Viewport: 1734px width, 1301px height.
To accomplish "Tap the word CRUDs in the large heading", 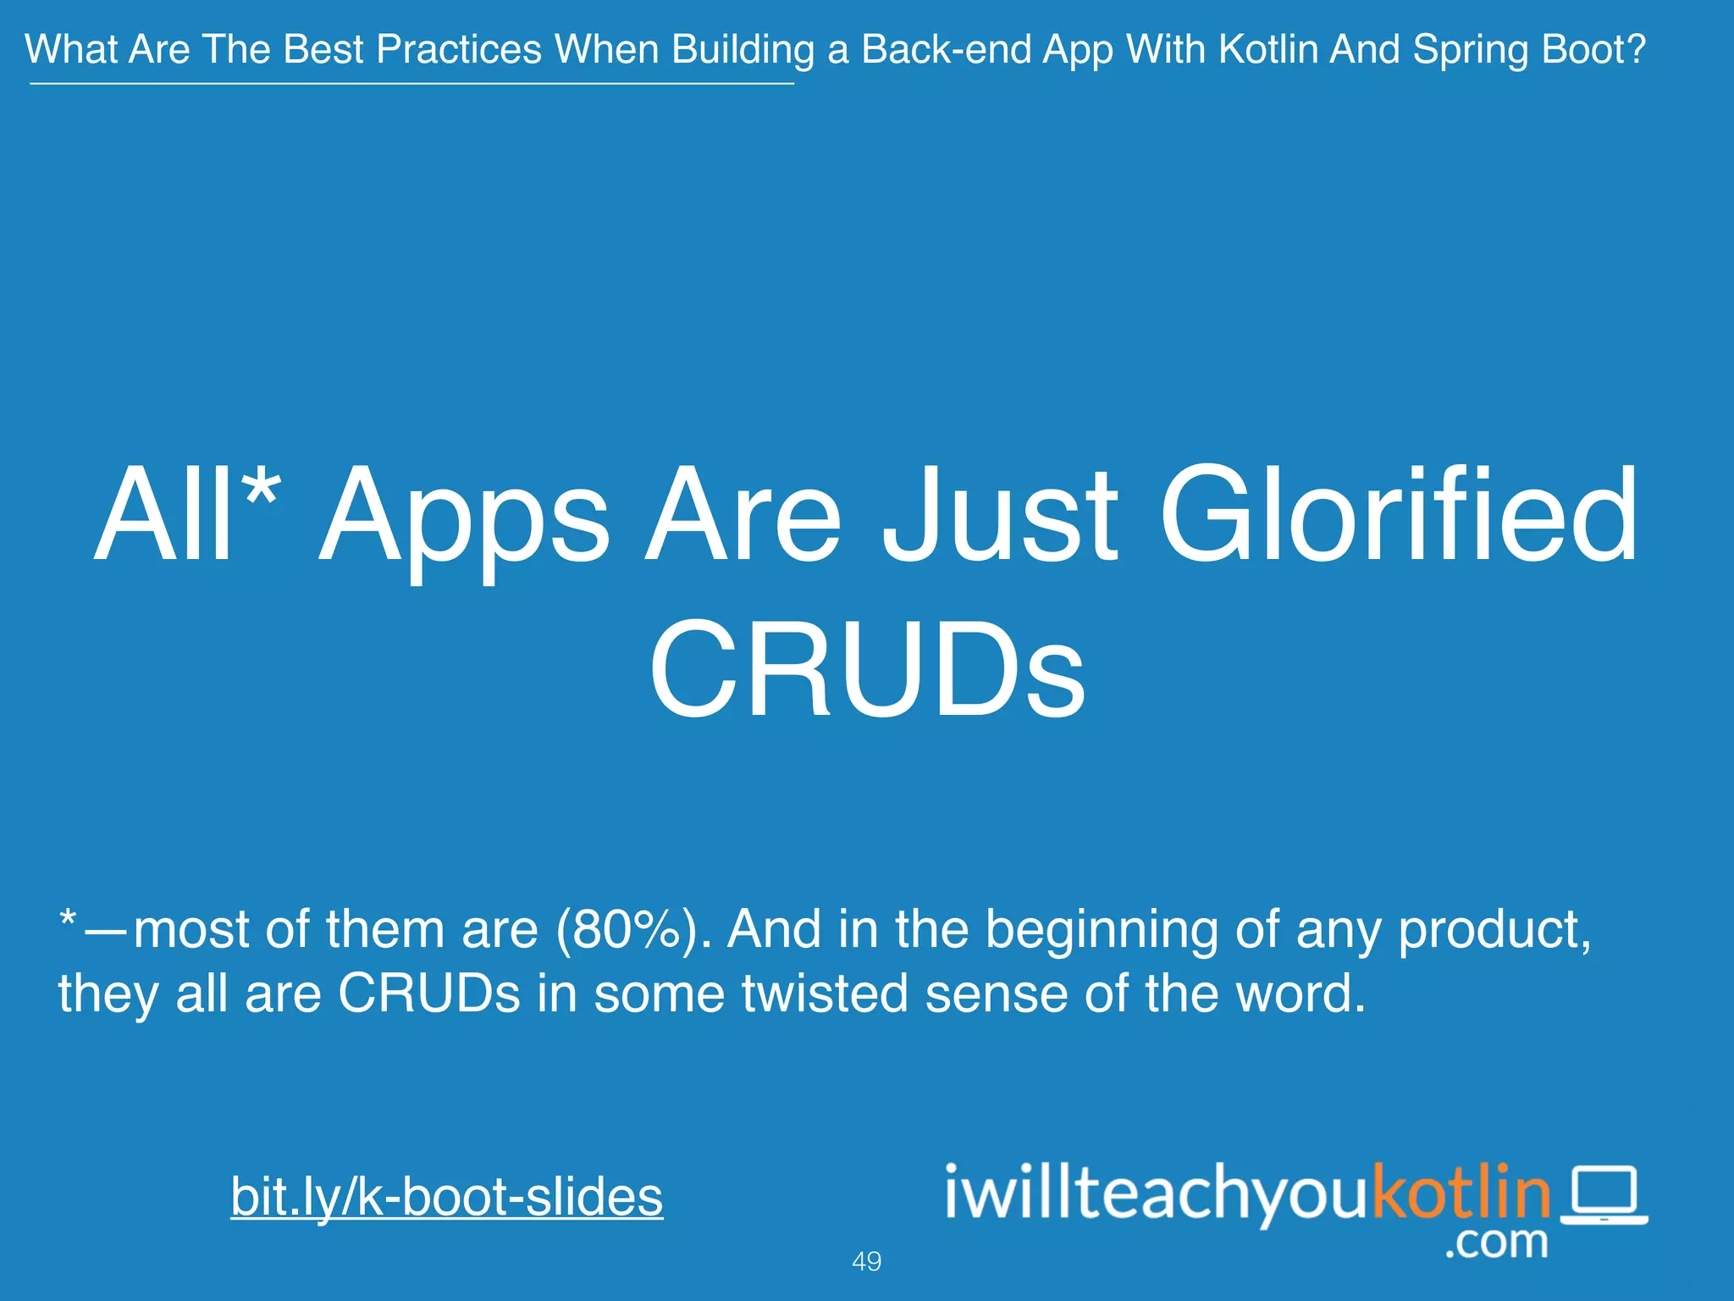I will tap(867, 669).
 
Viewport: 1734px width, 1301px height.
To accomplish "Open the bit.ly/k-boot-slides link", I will tap(447, 1196).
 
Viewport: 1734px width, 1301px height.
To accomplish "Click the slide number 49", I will tap(866, 1261).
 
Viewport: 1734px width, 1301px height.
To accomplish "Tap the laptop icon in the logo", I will tap(1604, 1195).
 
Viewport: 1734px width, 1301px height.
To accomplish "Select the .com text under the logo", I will tap(1496, 1242).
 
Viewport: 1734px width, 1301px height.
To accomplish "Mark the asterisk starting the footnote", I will tap(69, 920).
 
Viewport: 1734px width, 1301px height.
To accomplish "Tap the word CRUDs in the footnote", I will tap(429, 993).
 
